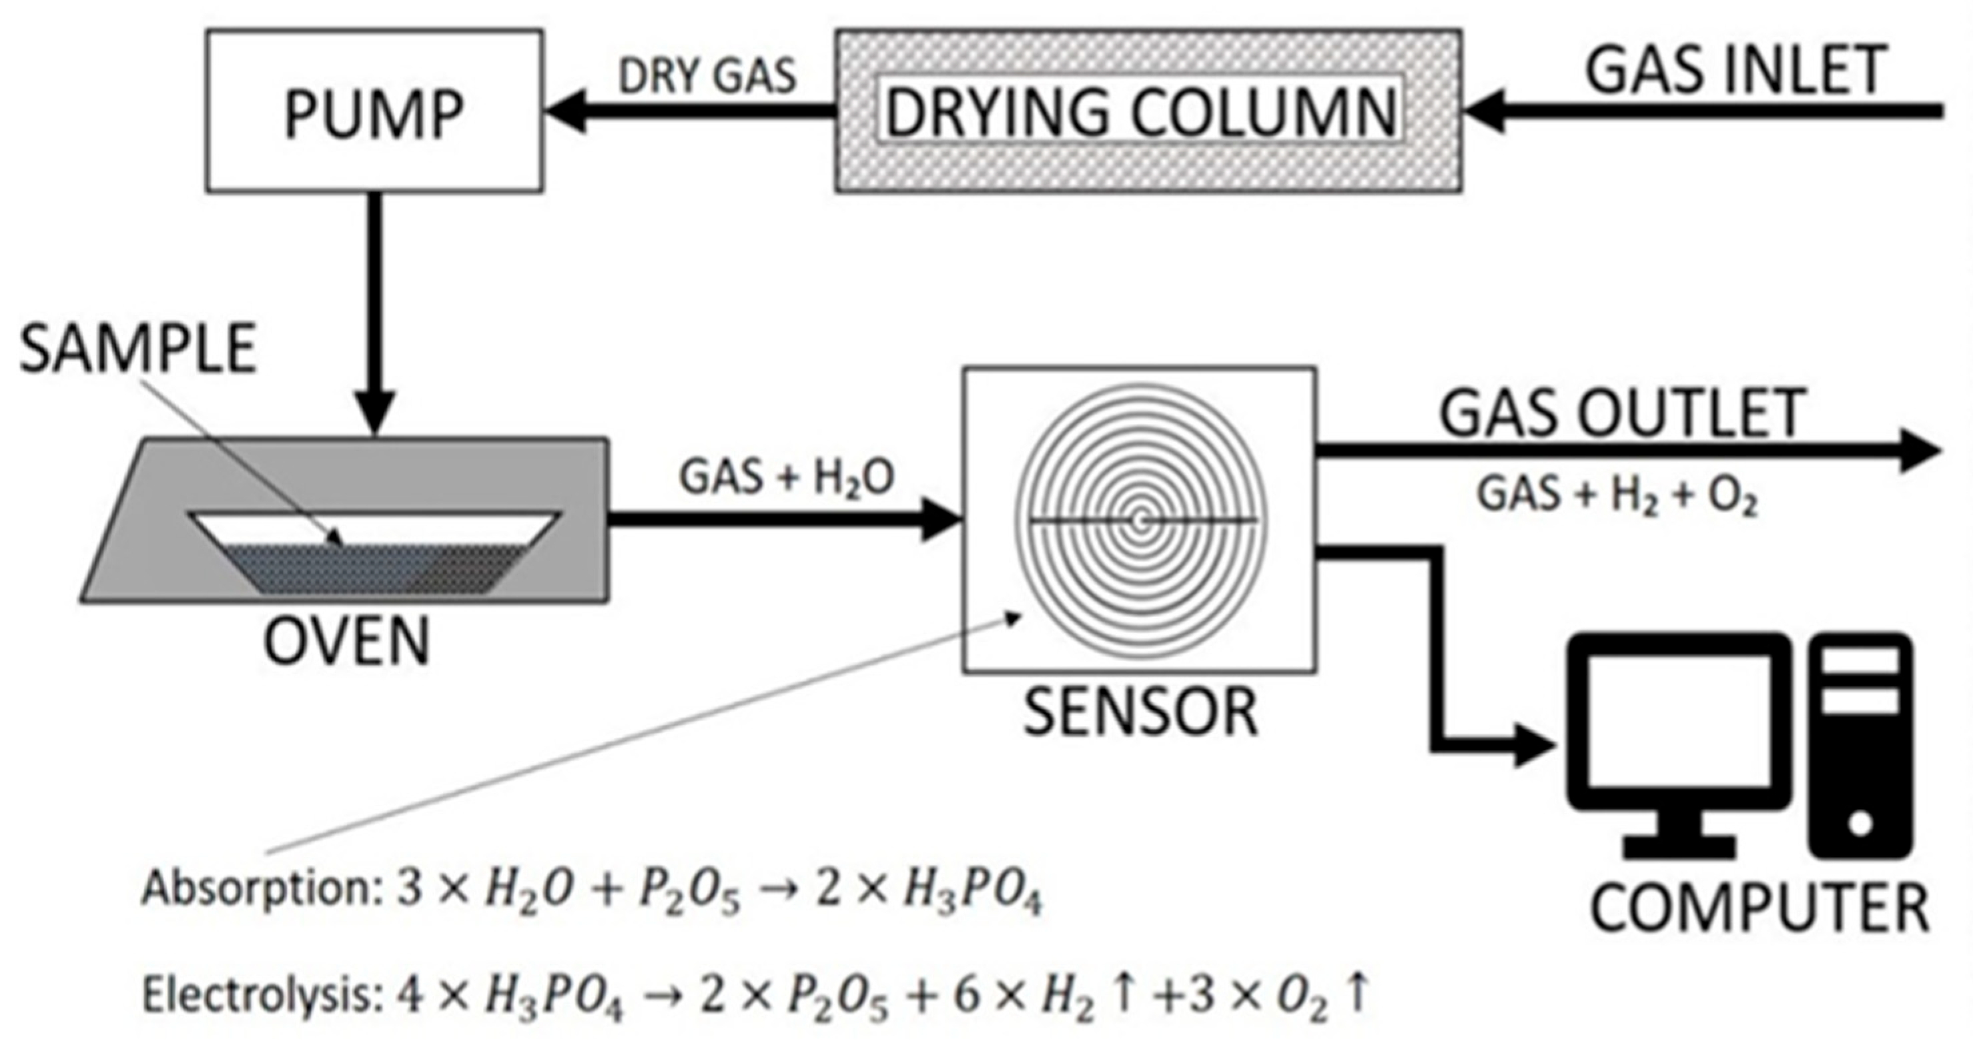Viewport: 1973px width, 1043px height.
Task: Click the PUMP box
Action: [374, 111]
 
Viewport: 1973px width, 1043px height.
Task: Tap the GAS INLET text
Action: [1735, 71]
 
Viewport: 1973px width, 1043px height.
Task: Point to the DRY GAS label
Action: [708, 77]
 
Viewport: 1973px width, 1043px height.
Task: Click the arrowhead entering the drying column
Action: [1482, 112]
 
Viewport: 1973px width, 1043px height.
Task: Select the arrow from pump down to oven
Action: [374, 306]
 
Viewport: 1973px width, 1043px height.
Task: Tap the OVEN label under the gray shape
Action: [347, 642]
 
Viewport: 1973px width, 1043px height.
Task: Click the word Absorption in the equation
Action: [258, 890]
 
